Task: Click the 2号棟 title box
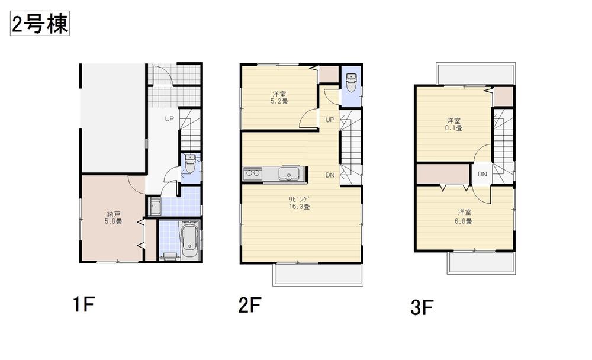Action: [40, 24]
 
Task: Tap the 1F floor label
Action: [83, 305]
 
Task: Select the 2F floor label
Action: [249, 305]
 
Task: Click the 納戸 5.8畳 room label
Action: [114, 217]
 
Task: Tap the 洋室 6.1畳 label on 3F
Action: [454, 124]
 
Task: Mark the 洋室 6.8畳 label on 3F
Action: [464, 216]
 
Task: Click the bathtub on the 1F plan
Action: [189, 240]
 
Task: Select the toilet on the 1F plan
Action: [190, 163]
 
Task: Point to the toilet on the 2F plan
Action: [351, 82]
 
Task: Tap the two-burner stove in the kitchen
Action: [252, 175]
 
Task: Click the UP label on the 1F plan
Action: [169, 119]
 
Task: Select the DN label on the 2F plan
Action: [330, 175]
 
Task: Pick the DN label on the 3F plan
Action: [482, 174]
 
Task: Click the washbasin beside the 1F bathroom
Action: [155, 207]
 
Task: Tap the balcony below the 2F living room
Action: [317, 274]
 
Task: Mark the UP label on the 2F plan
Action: [330, 119]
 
